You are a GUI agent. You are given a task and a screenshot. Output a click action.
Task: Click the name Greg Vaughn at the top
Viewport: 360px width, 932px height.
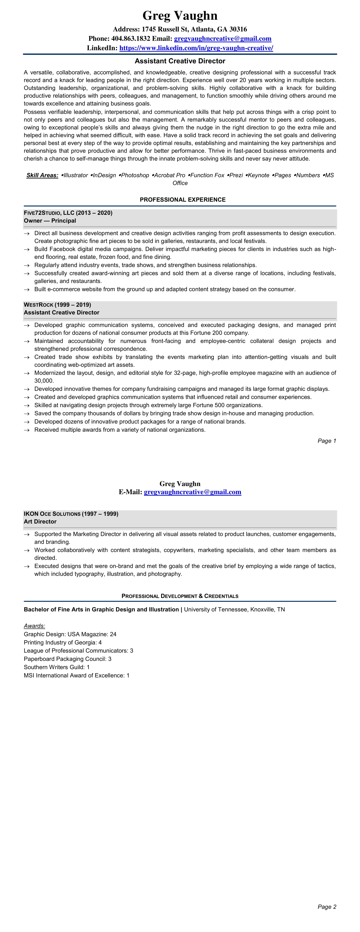pos(180,15)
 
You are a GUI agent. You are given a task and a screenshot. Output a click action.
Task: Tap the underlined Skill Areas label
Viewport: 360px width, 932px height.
pos(42,175)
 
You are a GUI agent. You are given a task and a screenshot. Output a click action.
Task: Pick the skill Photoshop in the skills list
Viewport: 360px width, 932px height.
pos(135,175)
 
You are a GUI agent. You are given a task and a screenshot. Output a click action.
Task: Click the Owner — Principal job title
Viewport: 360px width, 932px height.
pos(50,221)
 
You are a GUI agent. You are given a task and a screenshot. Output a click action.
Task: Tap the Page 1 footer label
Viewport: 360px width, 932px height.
pos(327,441)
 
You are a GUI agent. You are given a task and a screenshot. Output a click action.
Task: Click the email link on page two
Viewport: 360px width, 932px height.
pos(192,492)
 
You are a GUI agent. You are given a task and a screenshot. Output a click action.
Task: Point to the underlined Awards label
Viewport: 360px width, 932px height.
pos(34,626)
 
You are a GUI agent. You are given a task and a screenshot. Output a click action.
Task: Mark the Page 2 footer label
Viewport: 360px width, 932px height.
pos(327,907)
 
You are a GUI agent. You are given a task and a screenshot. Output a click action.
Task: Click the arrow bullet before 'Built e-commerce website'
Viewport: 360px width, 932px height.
pos(26,289)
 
